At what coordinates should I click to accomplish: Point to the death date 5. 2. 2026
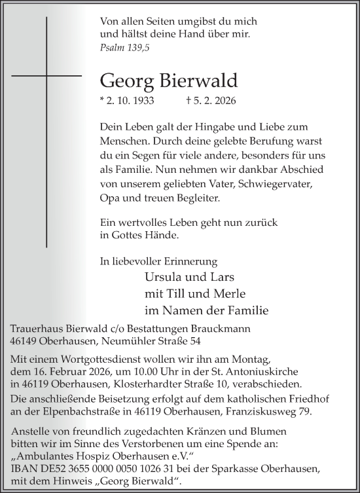click(x=215, y=101)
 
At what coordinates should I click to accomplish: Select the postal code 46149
click(x=27, y=341)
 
